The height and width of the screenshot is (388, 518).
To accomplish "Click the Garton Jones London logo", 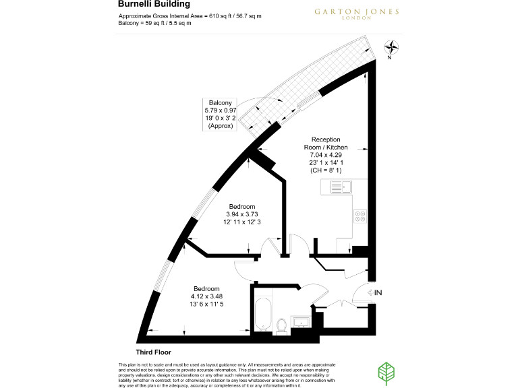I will click(347, 13).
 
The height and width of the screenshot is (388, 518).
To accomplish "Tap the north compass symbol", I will click(391, 48).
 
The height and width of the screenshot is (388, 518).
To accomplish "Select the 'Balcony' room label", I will click(220, 102).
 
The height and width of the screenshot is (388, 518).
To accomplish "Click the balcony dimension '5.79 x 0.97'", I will click(220, 110).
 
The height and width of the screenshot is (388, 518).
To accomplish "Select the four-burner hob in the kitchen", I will click(359, 216).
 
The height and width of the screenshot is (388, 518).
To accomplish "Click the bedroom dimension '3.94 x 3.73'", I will click(241, 214).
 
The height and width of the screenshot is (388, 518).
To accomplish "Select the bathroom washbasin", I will click(301, 321).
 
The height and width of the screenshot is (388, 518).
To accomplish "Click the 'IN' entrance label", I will click(378, 292).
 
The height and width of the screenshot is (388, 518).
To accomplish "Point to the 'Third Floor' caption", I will click(153, 352).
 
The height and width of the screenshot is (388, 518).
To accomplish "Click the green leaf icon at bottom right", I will click(386, 373).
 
